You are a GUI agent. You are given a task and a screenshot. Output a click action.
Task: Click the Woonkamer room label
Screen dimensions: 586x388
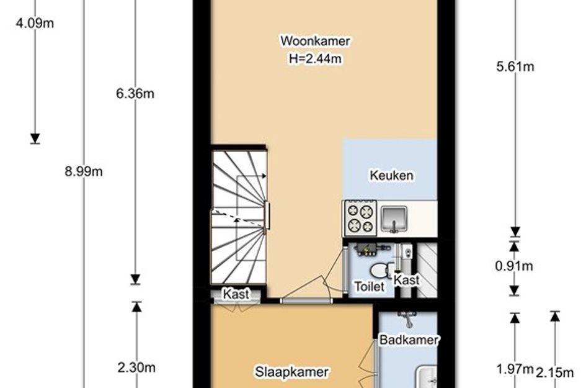point(315,41)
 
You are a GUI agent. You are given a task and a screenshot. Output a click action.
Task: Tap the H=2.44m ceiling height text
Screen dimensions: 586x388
point(315,59)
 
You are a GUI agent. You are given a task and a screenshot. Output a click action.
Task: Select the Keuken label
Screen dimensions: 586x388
point(391,176)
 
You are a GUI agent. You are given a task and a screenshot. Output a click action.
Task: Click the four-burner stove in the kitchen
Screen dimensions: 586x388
point(360,219)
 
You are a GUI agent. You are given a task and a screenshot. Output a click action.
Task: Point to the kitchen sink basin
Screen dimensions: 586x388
point(394,219)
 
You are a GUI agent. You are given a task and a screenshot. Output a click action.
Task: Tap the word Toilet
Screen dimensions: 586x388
point(369,287)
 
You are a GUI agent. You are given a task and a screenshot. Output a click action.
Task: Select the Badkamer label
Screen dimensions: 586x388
point(409,340)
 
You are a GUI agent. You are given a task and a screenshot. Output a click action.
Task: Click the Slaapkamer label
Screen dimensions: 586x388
point(291,371)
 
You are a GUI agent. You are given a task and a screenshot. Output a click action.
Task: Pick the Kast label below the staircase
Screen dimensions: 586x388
point(236,294)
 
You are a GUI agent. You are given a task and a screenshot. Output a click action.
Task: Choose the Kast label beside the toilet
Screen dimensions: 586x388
point(407,280)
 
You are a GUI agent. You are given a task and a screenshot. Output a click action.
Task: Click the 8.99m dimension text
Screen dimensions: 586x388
point(84,171)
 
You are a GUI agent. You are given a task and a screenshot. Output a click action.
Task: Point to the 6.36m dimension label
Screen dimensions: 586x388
point(135,93)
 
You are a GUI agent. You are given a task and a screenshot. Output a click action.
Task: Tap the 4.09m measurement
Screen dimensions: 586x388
point(35,23)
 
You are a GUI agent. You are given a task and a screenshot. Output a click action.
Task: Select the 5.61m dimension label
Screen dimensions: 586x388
point(515,66)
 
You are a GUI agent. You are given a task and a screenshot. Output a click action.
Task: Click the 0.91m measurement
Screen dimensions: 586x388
point(514,266)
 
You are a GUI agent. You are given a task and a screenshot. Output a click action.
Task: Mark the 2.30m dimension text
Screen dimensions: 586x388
point(136,368)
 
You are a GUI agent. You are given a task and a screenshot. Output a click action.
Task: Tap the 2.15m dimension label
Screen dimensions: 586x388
point(555,372)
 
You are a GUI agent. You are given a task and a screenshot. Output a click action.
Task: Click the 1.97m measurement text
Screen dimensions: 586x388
point(515,369)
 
